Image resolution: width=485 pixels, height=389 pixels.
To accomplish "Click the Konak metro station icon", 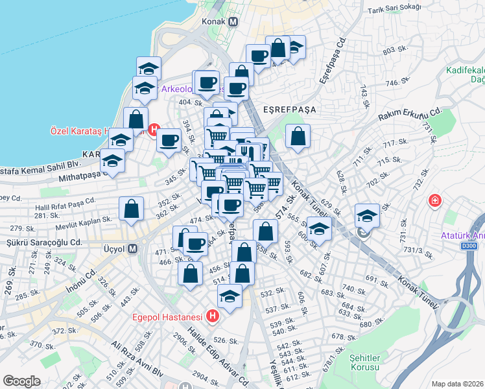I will (233, 21).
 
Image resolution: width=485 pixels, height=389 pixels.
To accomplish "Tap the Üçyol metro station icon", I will (133, 248).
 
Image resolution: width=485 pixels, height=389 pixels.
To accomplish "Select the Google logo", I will (21, 381).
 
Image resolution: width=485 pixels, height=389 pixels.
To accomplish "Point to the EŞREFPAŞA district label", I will (289, 110).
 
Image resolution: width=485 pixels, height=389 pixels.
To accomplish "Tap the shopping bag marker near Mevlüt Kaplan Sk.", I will (132, 209).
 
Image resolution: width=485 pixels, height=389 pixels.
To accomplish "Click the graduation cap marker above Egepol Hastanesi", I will (230, 296).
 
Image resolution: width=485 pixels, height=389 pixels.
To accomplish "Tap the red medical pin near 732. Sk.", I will (434, 201).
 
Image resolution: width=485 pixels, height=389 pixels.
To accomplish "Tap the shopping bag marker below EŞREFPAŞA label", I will (298, 136).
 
